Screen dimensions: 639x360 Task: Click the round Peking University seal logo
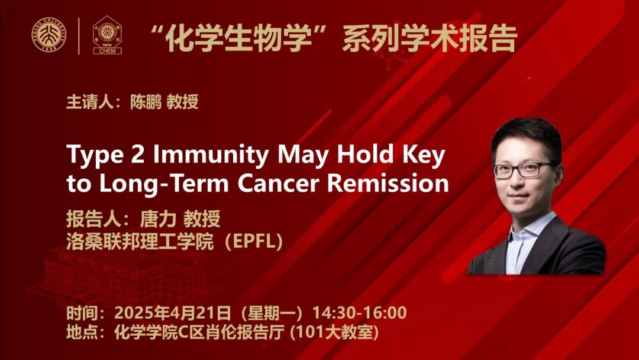pyautogui.click(x=49, y=35)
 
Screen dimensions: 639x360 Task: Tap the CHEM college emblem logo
pyautogui.click(x=107, y=35)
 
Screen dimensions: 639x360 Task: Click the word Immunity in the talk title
pyautogui.click(x=211, y=155)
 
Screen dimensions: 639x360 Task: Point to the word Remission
pyautogui.click(x=388, y=184)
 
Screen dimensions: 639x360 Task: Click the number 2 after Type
pyautogui.click(x=137, y=155)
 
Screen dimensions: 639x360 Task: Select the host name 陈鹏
pyautogui.click(x=146, y=101)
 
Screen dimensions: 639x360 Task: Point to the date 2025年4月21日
pyautogui.click(x=172, y=313)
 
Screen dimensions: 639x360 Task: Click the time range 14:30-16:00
pyautogui.click(x=360, y=313)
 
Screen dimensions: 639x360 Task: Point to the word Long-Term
pyautogui.click(x=164, y=184)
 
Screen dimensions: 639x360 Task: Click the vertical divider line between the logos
pyautogui.click(x=79, y=36)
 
